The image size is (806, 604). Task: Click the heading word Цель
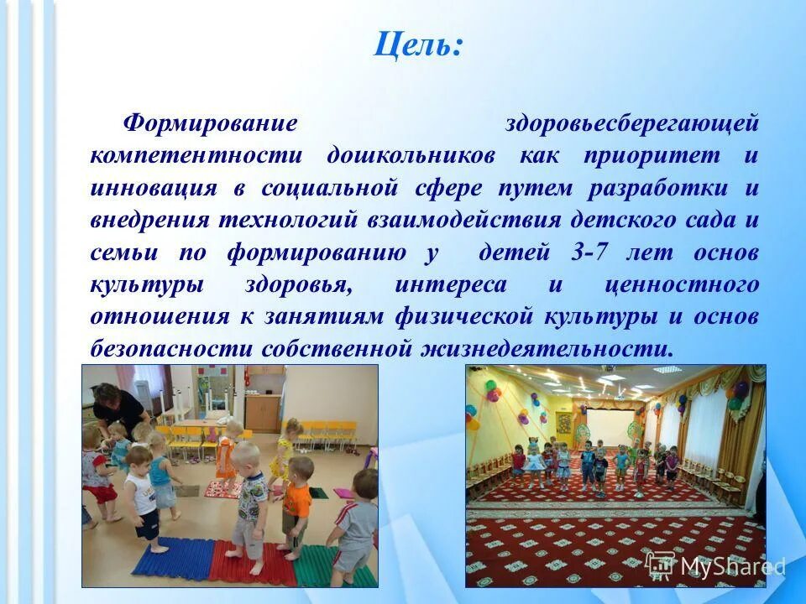[x=417, y=44]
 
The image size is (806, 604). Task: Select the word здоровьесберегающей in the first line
[x=631, y=123]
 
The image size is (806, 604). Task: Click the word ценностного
[x=681, y=284]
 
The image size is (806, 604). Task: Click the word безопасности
[x=171, y=348]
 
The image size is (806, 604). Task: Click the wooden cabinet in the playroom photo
[x=263, y=410]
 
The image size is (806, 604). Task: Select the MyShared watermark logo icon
[x=662, y=566]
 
